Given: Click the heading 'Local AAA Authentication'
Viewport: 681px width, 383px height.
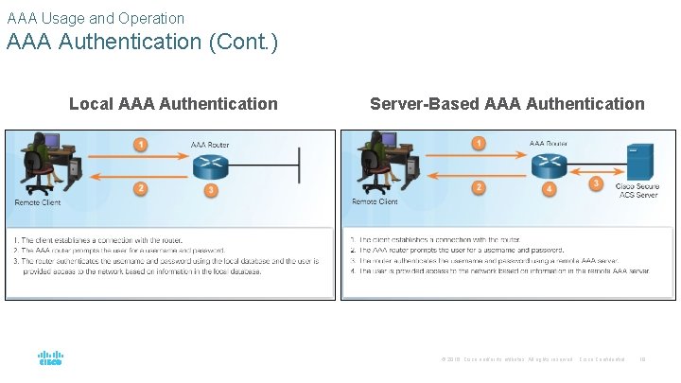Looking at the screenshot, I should click(x=173, y=104).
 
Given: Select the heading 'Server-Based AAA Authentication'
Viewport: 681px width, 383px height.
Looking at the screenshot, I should click(x=507, y=104).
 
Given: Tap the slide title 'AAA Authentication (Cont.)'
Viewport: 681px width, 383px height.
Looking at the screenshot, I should click(x=143, y=43).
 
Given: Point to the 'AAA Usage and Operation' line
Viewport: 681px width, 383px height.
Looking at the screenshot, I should click(x=96, y=18).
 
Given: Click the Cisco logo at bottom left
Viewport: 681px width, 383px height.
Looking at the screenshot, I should click(x=50, y=359).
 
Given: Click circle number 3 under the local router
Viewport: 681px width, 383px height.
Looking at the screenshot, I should click(x=211, y=191).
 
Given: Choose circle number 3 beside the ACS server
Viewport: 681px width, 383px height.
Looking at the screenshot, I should click(x=596, y=183).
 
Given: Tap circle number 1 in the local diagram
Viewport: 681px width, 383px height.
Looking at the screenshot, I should click(x=140, y=145).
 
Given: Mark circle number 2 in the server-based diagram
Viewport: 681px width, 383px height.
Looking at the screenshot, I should click(x=479, y=187).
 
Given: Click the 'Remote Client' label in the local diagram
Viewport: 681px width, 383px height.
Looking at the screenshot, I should click(x=38, y=202).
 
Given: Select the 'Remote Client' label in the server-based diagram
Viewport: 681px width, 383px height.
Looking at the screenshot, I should click(x=375, y=201).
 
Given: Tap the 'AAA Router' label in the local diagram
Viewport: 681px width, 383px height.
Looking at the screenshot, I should click(x=210, y=145).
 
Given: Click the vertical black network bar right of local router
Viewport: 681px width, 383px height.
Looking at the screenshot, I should click(x=300, y=166).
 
